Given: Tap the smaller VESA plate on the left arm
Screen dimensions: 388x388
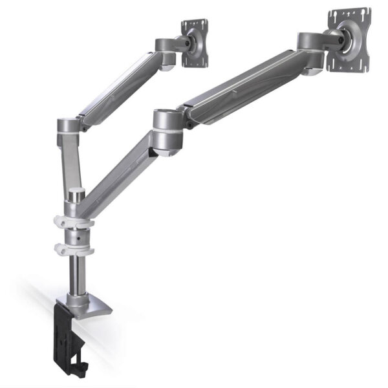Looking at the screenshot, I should pyautogui.click(x=195, y=43).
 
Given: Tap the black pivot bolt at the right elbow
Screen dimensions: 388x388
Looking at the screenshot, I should pyautogui.click(x=188, y=117).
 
